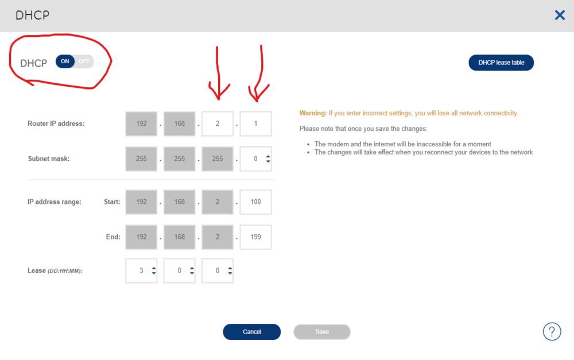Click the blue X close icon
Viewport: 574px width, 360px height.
tap(560, 15)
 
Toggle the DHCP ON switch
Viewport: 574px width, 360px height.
tap(74, 61)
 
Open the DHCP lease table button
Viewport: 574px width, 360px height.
tap(501, 63)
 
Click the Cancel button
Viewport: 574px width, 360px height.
tap(252, 332)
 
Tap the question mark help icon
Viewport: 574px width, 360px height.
tap(552, 331)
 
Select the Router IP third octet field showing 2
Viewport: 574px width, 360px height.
tap(218, 124)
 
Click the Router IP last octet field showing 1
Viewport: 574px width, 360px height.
tap(255, 124)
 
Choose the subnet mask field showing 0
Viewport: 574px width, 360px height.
tap(255, 158)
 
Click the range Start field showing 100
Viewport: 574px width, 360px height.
tap(255, 202)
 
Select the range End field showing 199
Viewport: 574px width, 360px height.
tap(255, 237)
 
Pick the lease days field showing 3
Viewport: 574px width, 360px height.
tap(141, 270)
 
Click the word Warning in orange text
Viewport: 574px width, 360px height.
tap(313, 113)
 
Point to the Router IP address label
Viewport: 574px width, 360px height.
tap(56, 124)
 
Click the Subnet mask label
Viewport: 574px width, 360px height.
tap(49, 158)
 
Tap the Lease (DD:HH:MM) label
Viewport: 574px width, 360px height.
tap(55, 270)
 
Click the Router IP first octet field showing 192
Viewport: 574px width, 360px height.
tap(141, 124)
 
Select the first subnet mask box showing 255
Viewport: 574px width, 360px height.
tap(141, 158)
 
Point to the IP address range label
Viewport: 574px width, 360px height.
tap(55, 202)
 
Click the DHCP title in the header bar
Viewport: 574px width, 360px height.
tap(32, 16)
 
